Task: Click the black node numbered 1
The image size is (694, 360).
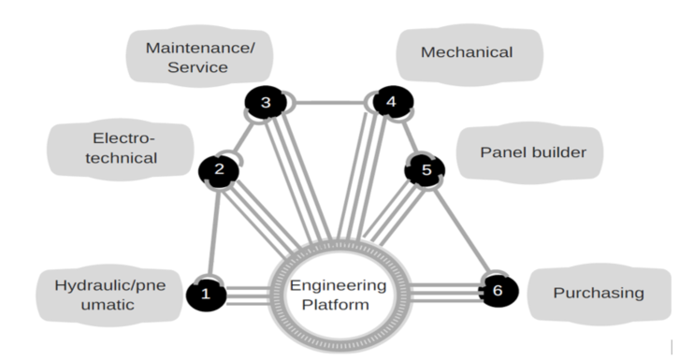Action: point(206,294)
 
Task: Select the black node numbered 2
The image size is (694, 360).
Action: point(219,169)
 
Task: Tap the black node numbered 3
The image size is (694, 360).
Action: point(266,102)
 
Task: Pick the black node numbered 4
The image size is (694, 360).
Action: point(391,102)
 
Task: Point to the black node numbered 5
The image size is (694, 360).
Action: point(426,170)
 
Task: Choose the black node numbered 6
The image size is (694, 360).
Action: point(497,292)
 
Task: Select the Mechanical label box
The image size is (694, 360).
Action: point(467,52)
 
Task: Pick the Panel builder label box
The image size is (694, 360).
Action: point(530,151)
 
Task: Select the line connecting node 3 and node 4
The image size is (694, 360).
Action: point(328,102)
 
